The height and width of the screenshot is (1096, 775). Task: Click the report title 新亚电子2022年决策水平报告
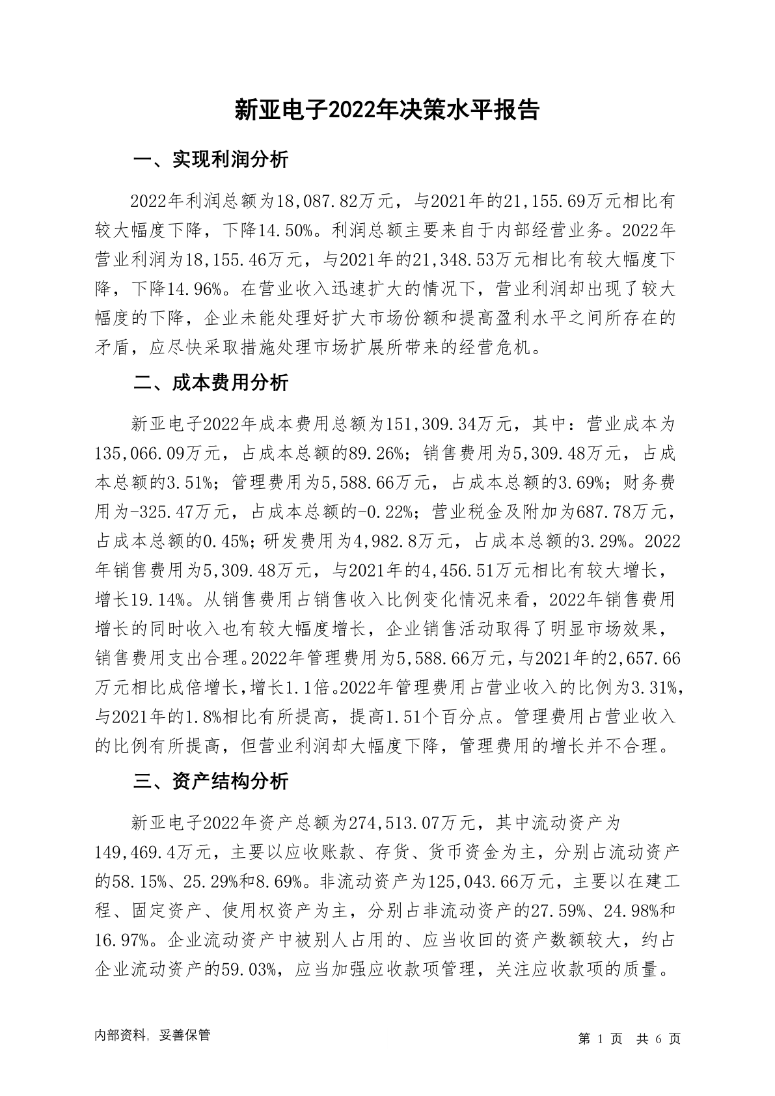(387, 110)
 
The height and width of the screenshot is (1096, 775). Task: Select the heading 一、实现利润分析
(210, 160)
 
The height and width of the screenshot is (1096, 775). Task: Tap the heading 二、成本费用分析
(210, 383)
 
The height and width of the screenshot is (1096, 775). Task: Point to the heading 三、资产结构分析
(210, 781)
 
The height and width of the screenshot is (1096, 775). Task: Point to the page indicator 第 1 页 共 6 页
(629, 1038)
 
